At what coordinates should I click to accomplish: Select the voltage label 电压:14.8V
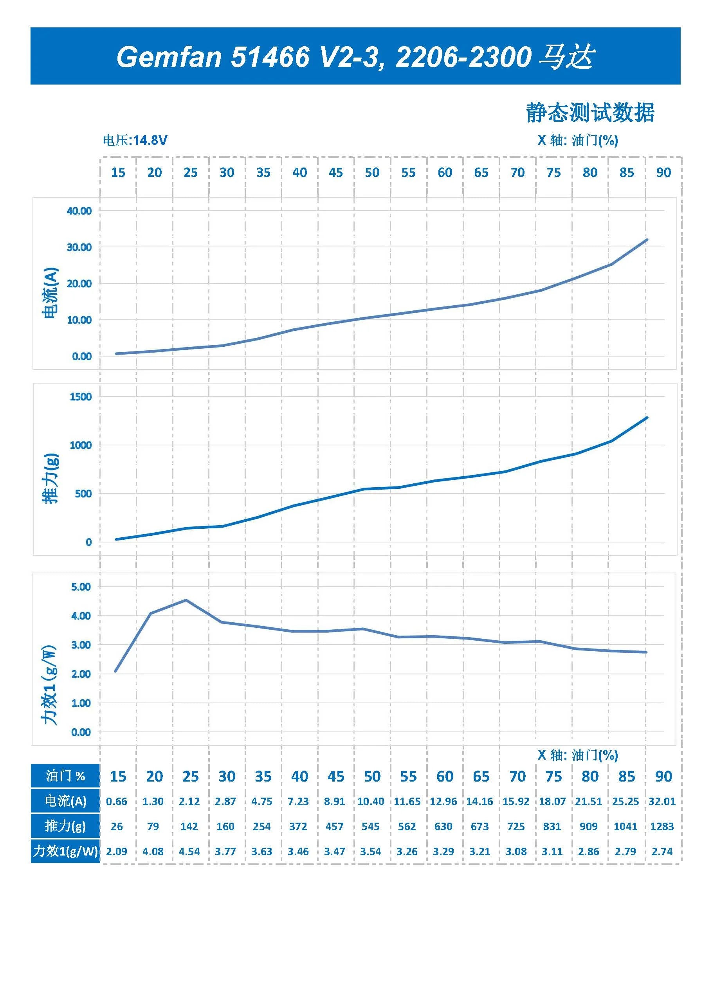click(135, 141)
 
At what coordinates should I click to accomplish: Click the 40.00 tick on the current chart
click(79, 211)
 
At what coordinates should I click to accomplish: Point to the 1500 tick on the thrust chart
click(81, 397)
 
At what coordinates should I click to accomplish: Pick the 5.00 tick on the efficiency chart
click(81, 587)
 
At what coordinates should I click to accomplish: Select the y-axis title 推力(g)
click(51, 479)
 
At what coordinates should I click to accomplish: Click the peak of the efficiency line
click(186, 600)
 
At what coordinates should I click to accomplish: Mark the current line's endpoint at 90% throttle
click(647, 240)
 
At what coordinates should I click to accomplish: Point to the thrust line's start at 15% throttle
click(116, 539)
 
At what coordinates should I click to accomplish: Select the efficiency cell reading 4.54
click(189, 851)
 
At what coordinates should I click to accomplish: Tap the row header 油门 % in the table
click(65, 776)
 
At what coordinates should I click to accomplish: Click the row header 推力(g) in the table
click(65, 826)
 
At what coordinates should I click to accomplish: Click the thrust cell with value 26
click(117, 826)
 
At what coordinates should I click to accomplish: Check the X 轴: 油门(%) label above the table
click(578, 755)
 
